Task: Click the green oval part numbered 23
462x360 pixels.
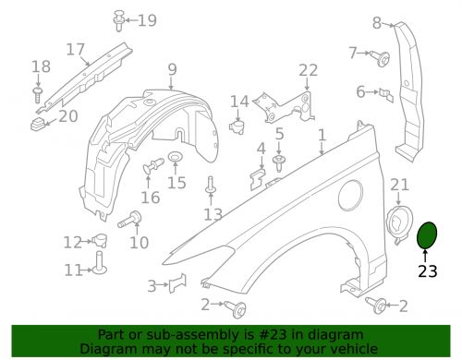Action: (x=427, y=235)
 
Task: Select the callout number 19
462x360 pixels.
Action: (x=147, y=20)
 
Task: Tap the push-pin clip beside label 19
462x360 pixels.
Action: (x=118, y=20)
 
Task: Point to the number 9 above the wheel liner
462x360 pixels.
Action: (x=172, y=69)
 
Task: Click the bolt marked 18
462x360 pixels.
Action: (x=38, y=95)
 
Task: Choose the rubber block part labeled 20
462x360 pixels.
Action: (x=38, y=124)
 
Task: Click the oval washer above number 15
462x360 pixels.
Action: (x=176, y=157)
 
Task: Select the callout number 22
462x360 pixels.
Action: (x=308, y=70)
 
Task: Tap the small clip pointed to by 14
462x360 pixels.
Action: (x=237, y=126)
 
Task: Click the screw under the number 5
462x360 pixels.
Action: (x=279, y=162)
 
